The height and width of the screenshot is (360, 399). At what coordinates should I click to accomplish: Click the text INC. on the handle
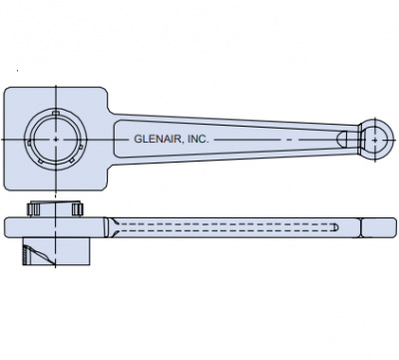(x=199, y=139)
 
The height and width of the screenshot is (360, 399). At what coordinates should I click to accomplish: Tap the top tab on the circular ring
(x=56, y=113)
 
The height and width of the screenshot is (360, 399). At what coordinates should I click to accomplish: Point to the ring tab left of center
(x=29, y=143)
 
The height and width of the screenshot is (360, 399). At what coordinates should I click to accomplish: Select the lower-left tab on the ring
(x=41, y=161)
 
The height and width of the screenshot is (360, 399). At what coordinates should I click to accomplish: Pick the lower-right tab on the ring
(x=71, y=161)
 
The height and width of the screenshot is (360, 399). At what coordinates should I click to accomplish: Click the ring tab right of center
(x=81, y=147)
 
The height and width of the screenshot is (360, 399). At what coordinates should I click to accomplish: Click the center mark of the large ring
(x=56, y=140)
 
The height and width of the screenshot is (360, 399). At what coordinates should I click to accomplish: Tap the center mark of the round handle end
(x=375, y=140)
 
